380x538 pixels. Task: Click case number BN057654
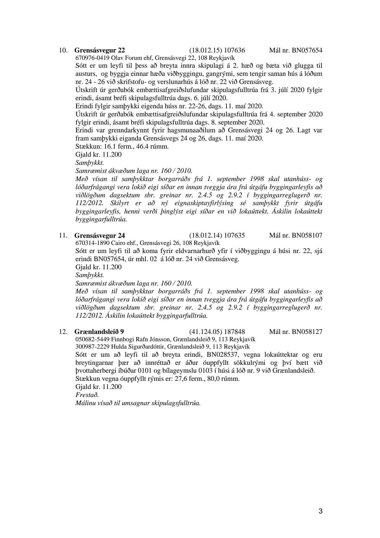pos(307,50)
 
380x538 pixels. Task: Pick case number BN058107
pos(307,236)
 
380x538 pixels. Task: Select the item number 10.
pos(63,50)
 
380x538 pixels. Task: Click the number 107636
pos(235,50)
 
